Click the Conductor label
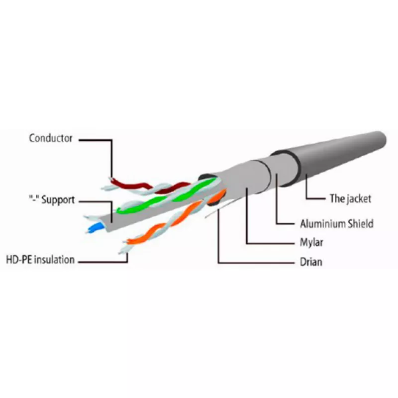pos(51,138)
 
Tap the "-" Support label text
pos(52,200)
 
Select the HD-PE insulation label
pos(40,260)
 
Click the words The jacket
pos(350,199)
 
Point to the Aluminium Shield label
pos(337,223)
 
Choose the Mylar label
pos(311,242)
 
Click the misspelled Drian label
pos(311,262)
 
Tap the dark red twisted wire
pos(150,187)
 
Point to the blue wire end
pos(96,228)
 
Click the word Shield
pos(360,223)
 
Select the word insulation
pos(54,260)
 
